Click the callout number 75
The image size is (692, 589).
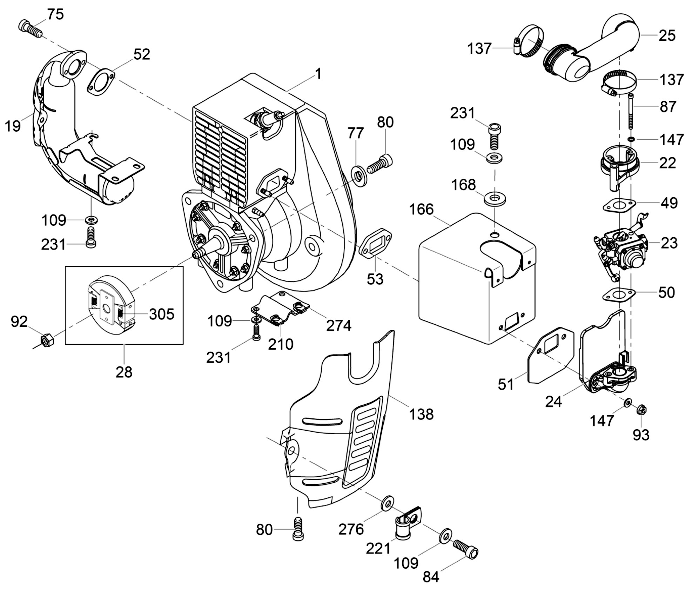tap(55, 15)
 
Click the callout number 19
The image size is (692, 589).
tap(13, 126)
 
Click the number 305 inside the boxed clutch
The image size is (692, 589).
tap(162, 314)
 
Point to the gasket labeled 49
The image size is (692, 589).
tap(619, 205)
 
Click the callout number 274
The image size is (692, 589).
tap(339, 326)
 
